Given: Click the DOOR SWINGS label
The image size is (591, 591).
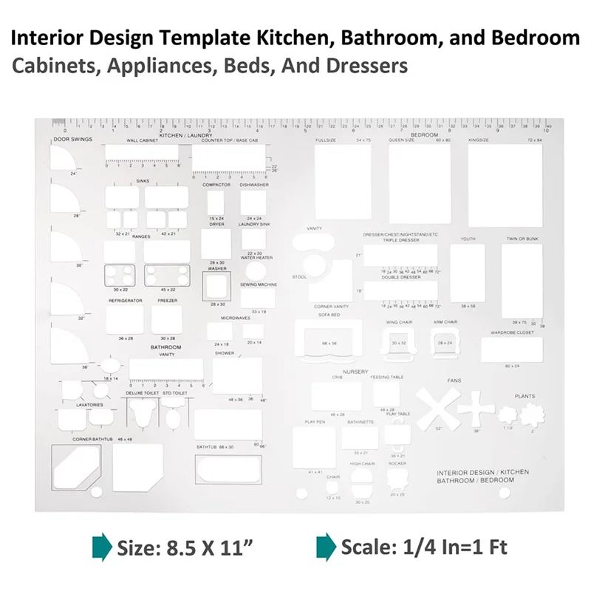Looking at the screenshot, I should click(x=72, y=140).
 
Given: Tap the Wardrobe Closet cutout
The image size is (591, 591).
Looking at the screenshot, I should click(x=511, y=350).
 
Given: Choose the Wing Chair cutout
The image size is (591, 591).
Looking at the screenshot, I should click(x=399, y=343).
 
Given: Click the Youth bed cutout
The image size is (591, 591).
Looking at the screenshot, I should click(x=467, y=273).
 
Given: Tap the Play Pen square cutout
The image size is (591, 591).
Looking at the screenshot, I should click(x=314, y=448).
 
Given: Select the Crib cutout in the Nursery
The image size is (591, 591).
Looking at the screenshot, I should click(x=336, y=396).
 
